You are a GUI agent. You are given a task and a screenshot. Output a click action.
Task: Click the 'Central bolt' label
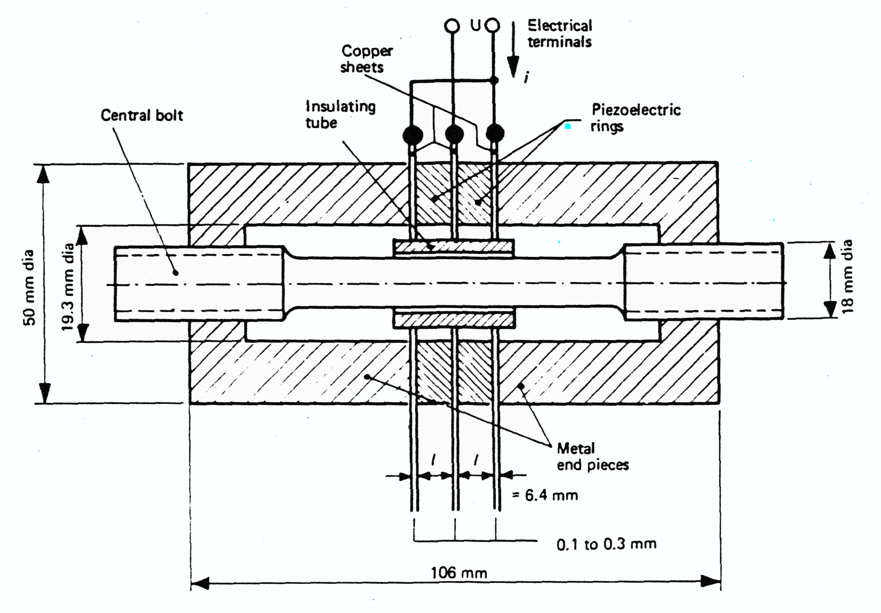pos(141,116)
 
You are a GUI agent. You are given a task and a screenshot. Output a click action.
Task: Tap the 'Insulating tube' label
pos(340,115)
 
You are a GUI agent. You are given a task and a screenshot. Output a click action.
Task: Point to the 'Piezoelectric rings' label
pos(635,117)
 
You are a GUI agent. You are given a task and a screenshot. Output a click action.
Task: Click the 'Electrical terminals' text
pos(559,34)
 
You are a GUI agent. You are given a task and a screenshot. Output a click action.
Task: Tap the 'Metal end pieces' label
pos(592,457)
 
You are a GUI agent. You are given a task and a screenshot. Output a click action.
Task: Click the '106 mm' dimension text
pos(458,573)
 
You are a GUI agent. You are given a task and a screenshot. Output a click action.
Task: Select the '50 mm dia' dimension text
pos(30,287)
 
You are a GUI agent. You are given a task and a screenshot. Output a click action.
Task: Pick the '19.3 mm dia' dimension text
pos(68,287)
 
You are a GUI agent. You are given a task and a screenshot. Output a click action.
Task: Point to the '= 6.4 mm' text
pos(545,495)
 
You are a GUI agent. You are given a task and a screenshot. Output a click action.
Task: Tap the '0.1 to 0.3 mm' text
pos(606,544)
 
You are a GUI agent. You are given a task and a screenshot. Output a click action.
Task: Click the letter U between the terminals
pos(475,26)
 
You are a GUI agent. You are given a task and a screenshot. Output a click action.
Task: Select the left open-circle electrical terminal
pos(452,26)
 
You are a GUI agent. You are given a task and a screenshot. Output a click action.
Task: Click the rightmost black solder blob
pos(495,133)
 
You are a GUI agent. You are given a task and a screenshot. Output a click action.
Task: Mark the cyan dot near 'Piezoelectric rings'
pos(568,126)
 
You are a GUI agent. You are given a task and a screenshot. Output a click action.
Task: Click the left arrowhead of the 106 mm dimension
pos(200,583)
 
